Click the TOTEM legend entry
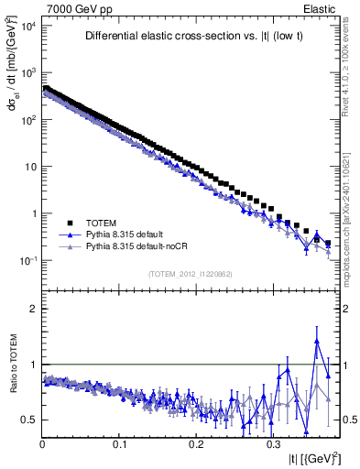101,223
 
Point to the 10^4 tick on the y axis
27,26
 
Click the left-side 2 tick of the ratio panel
34,309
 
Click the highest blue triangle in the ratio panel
317,342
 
